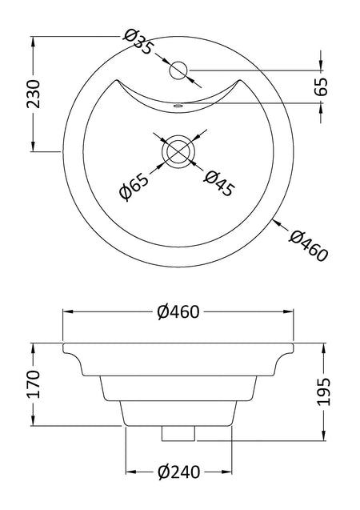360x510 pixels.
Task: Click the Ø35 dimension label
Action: point(138,42)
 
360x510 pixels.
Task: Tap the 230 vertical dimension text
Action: point(33,94)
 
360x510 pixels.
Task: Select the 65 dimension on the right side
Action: point(322,86)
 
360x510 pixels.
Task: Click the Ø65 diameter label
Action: point(134,187)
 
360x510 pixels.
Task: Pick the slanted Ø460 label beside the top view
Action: point(308,245)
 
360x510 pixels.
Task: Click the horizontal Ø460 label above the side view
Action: point(178,312)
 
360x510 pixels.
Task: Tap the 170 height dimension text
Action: point(33,384)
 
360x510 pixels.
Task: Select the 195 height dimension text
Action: point(324,392)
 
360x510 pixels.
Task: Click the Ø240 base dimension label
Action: point(179,472)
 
